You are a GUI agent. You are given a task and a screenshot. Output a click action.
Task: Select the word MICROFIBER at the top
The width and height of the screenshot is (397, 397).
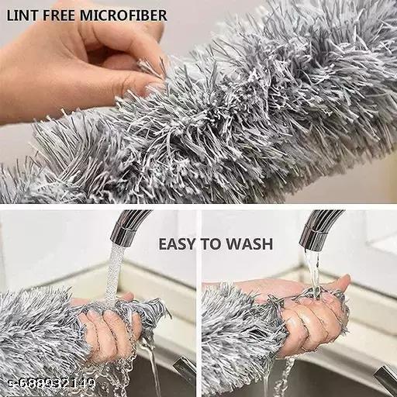[123, 16]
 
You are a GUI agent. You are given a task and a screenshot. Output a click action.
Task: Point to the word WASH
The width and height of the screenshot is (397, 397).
[249, 244]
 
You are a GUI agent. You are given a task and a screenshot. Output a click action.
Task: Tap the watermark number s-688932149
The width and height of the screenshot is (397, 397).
[52, 382]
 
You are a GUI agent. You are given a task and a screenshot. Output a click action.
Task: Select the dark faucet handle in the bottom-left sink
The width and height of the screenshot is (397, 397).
[184, 368]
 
